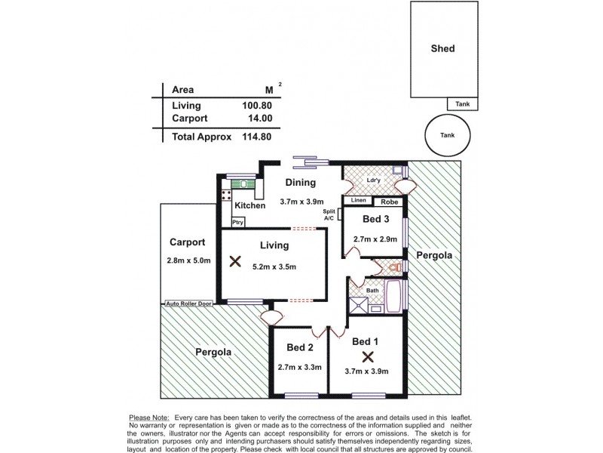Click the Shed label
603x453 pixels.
tap(442, 48)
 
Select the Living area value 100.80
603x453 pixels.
tap(256, 106)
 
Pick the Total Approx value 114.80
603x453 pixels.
tap(256, 137)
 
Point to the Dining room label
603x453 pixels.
tap(301, 182)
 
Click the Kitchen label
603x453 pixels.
tap(249, 205)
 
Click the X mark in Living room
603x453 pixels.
tap(235, 261)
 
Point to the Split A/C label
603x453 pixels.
tap(329, 215)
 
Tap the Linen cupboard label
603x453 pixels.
tap(359, 201)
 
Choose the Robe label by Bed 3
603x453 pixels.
tap(389, 202)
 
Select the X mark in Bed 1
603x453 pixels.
tap(368, 356)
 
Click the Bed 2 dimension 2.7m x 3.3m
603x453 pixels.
tap(299, 368)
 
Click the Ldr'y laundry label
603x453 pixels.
tap(372, 180)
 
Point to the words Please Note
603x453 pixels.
tap(149, 418)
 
